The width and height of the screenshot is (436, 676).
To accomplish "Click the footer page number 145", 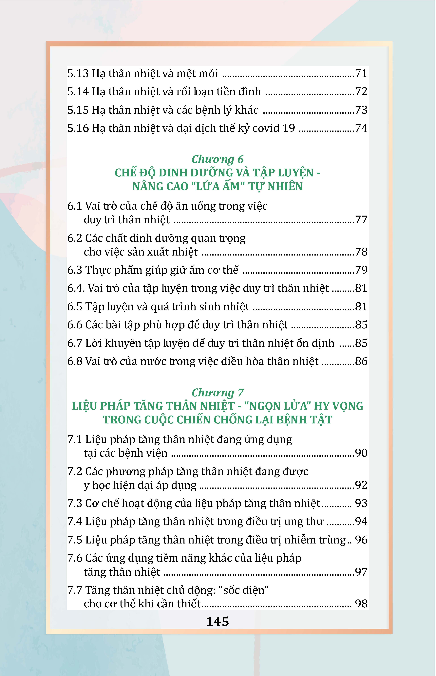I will click(x=218, y=622).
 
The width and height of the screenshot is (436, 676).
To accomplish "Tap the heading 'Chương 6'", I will click(x=218, y=159).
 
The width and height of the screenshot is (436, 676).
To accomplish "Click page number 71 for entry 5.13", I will click(x=361, y=74).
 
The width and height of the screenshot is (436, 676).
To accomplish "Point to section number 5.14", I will click(x=78, y=92).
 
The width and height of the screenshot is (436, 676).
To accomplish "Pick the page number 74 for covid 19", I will click(x=361, y=128).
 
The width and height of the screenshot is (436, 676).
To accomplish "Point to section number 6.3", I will click(x=74, y=270).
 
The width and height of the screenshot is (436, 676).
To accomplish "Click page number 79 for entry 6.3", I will click(x=361, y=270).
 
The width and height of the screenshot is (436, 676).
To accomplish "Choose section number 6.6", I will click(x=74, y=325).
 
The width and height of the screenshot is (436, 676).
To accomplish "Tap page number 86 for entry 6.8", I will click(x=361, y=361).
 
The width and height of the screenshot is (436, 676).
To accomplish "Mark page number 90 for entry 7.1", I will click(x=361, y=453).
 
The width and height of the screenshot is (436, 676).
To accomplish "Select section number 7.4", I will click(x=74, y=522).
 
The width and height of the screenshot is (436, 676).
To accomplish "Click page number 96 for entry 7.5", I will click(x=361, y=540).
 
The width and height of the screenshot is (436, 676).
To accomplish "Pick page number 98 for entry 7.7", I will click(x=361, y=604).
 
